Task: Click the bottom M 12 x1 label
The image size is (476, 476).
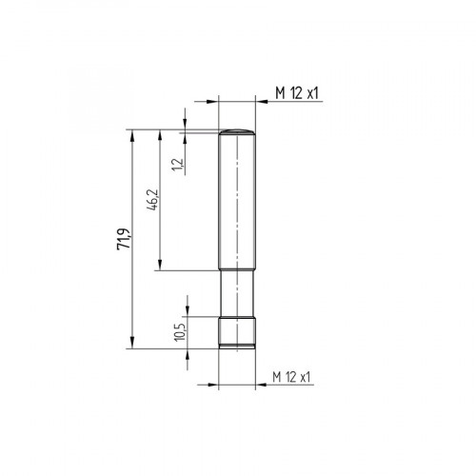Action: pos(292,378)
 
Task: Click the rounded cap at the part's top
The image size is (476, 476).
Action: pos(238,131)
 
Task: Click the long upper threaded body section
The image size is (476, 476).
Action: pos(238,200)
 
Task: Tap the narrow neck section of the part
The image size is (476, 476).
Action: pos(238,293)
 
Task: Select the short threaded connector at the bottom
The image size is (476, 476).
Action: pos(238,331)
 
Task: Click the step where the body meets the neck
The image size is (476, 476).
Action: pos(238,270)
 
